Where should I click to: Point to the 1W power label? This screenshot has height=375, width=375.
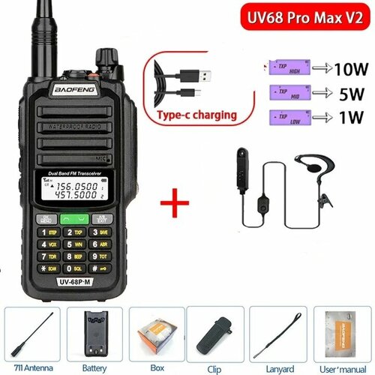coord(337,118)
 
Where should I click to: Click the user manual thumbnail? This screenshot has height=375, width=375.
coord(339,328)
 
